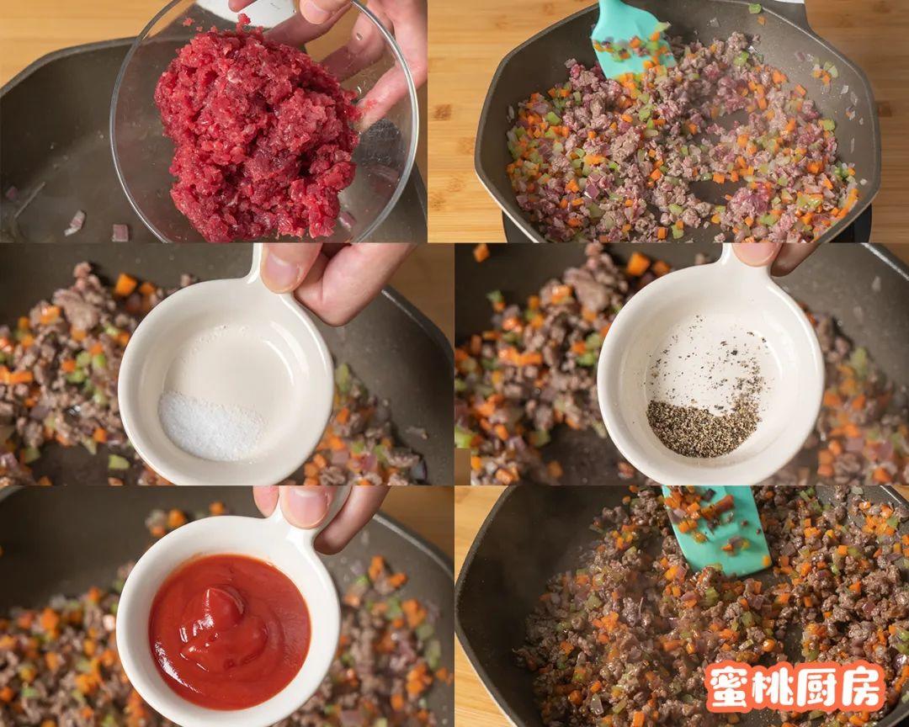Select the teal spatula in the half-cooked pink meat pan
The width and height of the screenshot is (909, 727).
click(x=627, y=38)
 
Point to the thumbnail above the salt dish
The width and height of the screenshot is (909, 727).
click(x=282, y=269)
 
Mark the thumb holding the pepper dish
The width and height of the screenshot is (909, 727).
click(x=757, y=252)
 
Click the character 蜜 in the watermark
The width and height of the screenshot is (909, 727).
click(x=730, y=687)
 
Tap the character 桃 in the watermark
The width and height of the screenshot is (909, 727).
click(x=773, y=687)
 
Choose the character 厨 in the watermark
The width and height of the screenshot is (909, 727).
click(x=816, y=687)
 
